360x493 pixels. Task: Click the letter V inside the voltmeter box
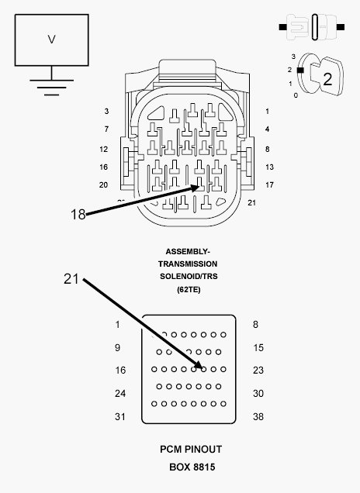(52, 40)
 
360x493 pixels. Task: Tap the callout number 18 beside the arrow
(78, 215)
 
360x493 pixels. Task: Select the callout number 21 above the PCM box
(71, 279)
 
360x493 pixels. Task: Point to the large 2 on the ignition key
(327, 79)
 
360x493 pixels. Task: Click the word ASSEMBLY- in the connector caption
(188, 252)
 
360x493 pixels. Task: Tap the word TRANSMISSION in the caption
(188, 264)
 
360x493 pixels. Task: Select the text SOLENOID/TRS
(189, 277)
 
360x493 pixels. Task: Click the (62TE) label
(189, 289)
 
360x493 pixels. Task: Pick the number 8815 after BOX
(204, 467)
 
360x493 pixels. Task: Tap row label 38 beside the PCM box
(258, 416)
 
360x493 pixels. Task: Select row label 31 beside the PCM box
(120, 416)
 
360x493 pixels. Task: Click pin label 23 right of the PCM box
(258, 371)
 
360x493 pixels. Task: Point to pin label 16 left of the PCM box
(120, 371)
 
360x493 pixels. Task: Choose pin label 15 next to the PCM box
(258, 348)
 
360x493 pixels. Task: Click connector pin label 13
(269, 167)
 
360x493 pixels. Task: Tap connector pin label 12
(103, 149)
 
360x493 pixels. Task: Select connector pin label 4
(267, 129)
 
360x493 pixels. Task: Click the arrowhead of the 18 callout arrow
(196, 188)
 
